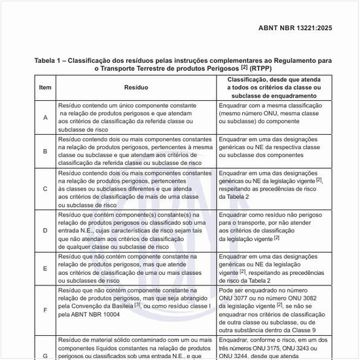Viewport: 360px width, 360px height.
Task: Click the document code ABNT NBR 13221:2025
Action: coord(295,28)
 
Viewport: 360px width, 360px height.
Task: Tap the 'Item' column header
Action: coord(45,87)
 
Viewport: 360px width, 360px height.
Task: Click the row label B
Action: coord(45,151)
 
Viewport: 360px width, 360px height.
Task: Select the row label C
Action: coord(45,189)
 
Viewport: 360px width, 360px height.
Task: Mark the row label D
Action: coord(45,230)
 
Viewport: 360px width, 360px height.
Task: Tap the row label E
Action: coord(45,268)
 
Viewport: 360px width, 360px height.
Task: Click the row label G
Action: coord(45,355)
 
